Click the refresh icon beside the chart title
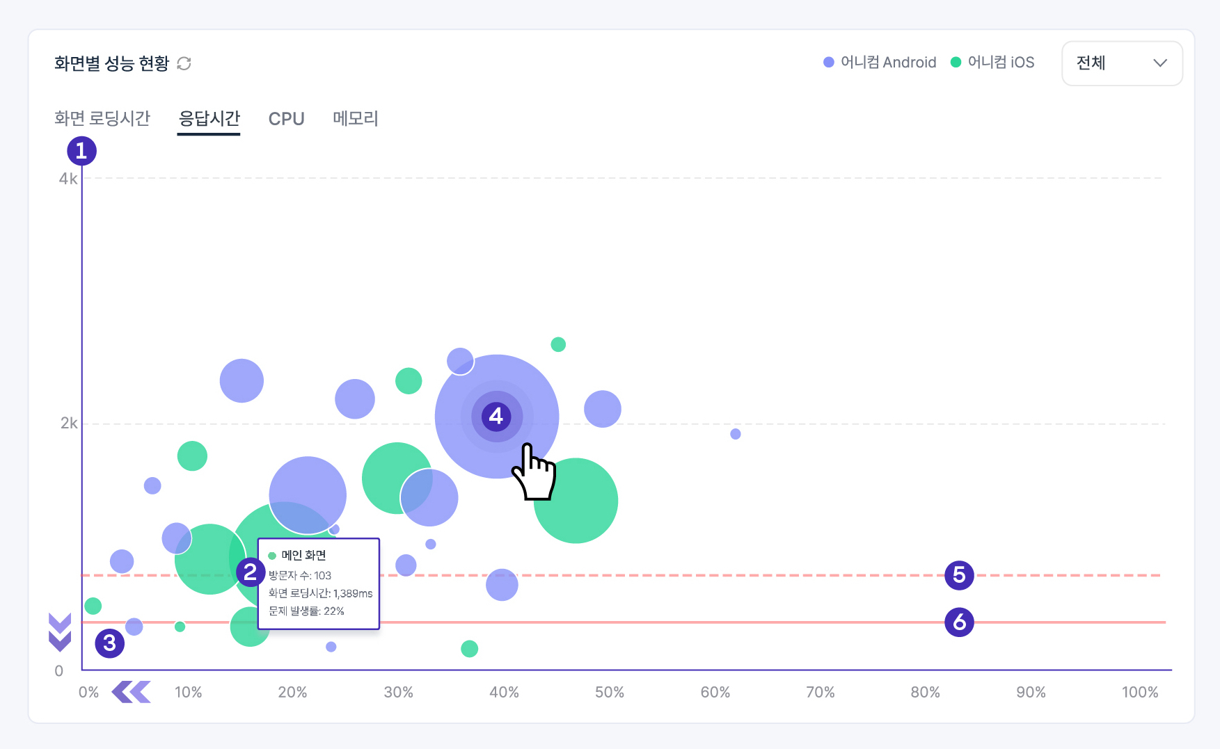pos(184,63)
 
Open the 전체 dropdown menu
pos(1121,63)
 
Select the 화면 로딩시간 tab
pos(102,118)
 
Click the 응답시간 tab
pos(209,118)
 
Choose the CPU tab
pos(286,119)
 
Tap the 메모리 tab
pos(355,118)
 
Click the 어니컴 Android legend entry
pos(880,63)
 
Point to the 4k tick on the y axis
pos(68,179)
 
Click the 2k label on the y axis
pos(69,423)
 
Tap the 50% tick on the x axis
pos(609,692)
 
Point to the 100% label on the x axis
pos(1139,692)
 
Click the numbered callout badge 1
pos(81,151)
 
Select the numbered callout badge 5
pos(959,575)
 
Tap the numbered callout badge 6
pos(959,622)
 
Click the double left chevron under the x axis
pos(131,692)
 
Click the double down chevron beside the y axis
pos(60,632)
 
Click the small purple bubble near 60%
pos(736,434)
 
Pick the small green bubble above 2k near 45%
pos(558,344)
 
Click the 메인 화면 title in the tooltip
pos(303,555)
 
